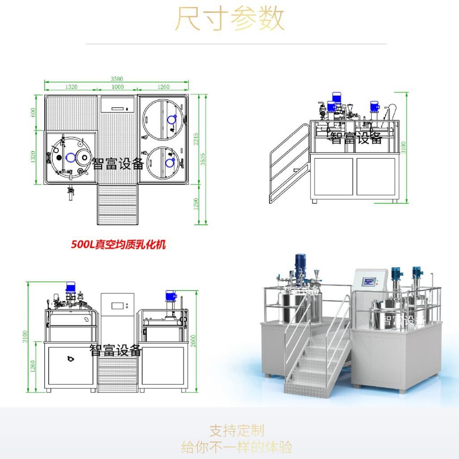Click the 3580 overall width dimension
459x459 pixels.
[x=117, y=79]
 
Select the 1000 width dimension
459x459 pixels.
[x=118, y=87]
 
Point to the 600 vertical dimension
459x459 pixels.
[x=33, y=112]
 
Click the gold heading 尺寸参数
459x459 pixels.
[x=229, y=19]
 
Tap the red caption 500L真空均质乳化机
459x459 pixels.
[x=118, y=244]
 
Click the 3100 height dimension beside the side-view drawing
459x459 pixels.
[x=404, y=147]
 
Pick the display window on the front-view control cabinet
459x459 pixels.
[x=118, y=306]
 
